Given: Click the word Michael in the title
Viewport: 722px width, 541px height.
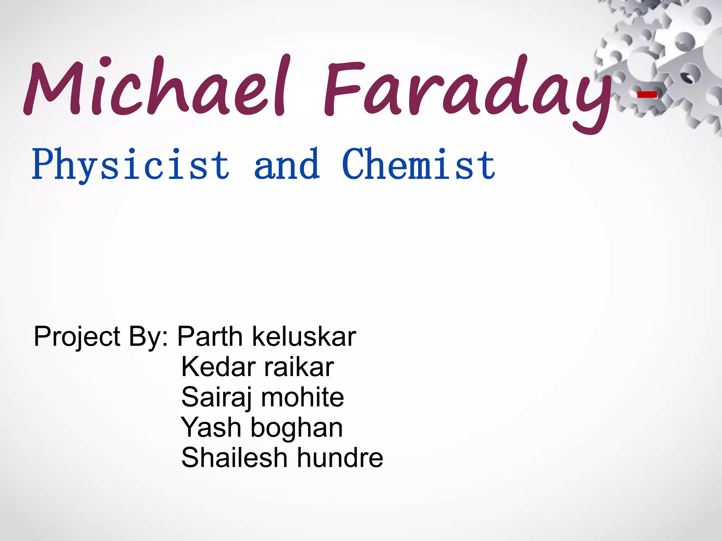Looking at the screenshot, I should tap(155, 88).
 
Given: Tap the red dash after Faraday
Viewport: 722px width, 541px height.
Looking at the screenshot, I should tap(647, 94).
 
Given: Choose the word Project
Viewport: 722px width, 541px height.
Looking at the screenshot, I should tap(77, 337).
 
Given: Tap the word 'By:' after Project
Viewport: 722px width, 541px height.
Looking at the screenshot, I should tap(148, 337).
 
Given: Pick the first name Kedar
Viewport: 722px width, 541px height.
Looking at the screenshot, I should tap(218, 367).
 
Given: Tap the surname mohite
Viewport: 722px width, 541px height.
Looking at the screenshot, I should tap(302, 397).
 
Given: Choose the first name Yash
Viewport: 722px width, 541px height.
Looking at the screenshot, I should tap(210, 428).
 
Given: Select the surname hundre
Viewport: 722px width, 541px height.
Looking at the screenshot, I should tap(340, 458).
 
